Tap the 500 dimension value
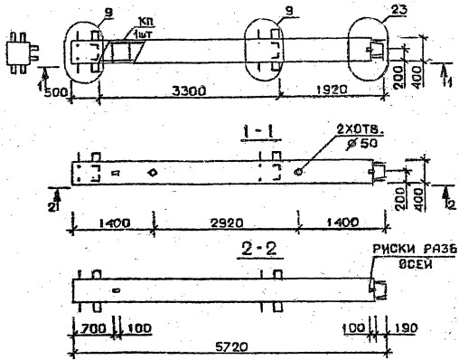[53, 90]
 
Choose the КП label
[121, 20]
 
